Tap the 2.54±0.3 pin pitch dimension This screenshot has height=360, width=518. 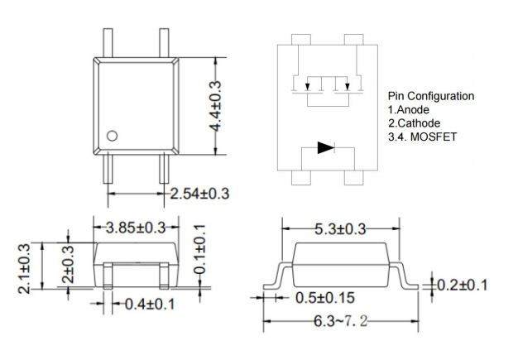pyautogui.click(x=199, y=194)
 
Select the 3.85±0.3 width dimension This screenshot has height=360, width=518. pyautogui.click(x=135, y=227)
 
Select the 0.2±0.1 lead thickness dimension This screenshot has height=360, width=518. pyautogui.click(x=460, y=285)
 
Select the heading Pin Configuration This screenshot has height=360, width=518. pyautogui.click(x=430, y=96)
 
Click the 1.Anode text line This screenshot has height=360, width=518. pyautogui.click(x=409, y=109)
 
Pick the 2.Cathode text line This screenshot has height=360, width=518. pyautogui.click(x=414, y=122)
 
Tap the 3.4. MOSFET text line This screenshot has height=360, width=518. pyautogui.click(x=424, y=136)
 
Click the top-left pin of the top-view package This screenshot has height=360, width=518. pyautogui.click(x=108, y=43)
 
